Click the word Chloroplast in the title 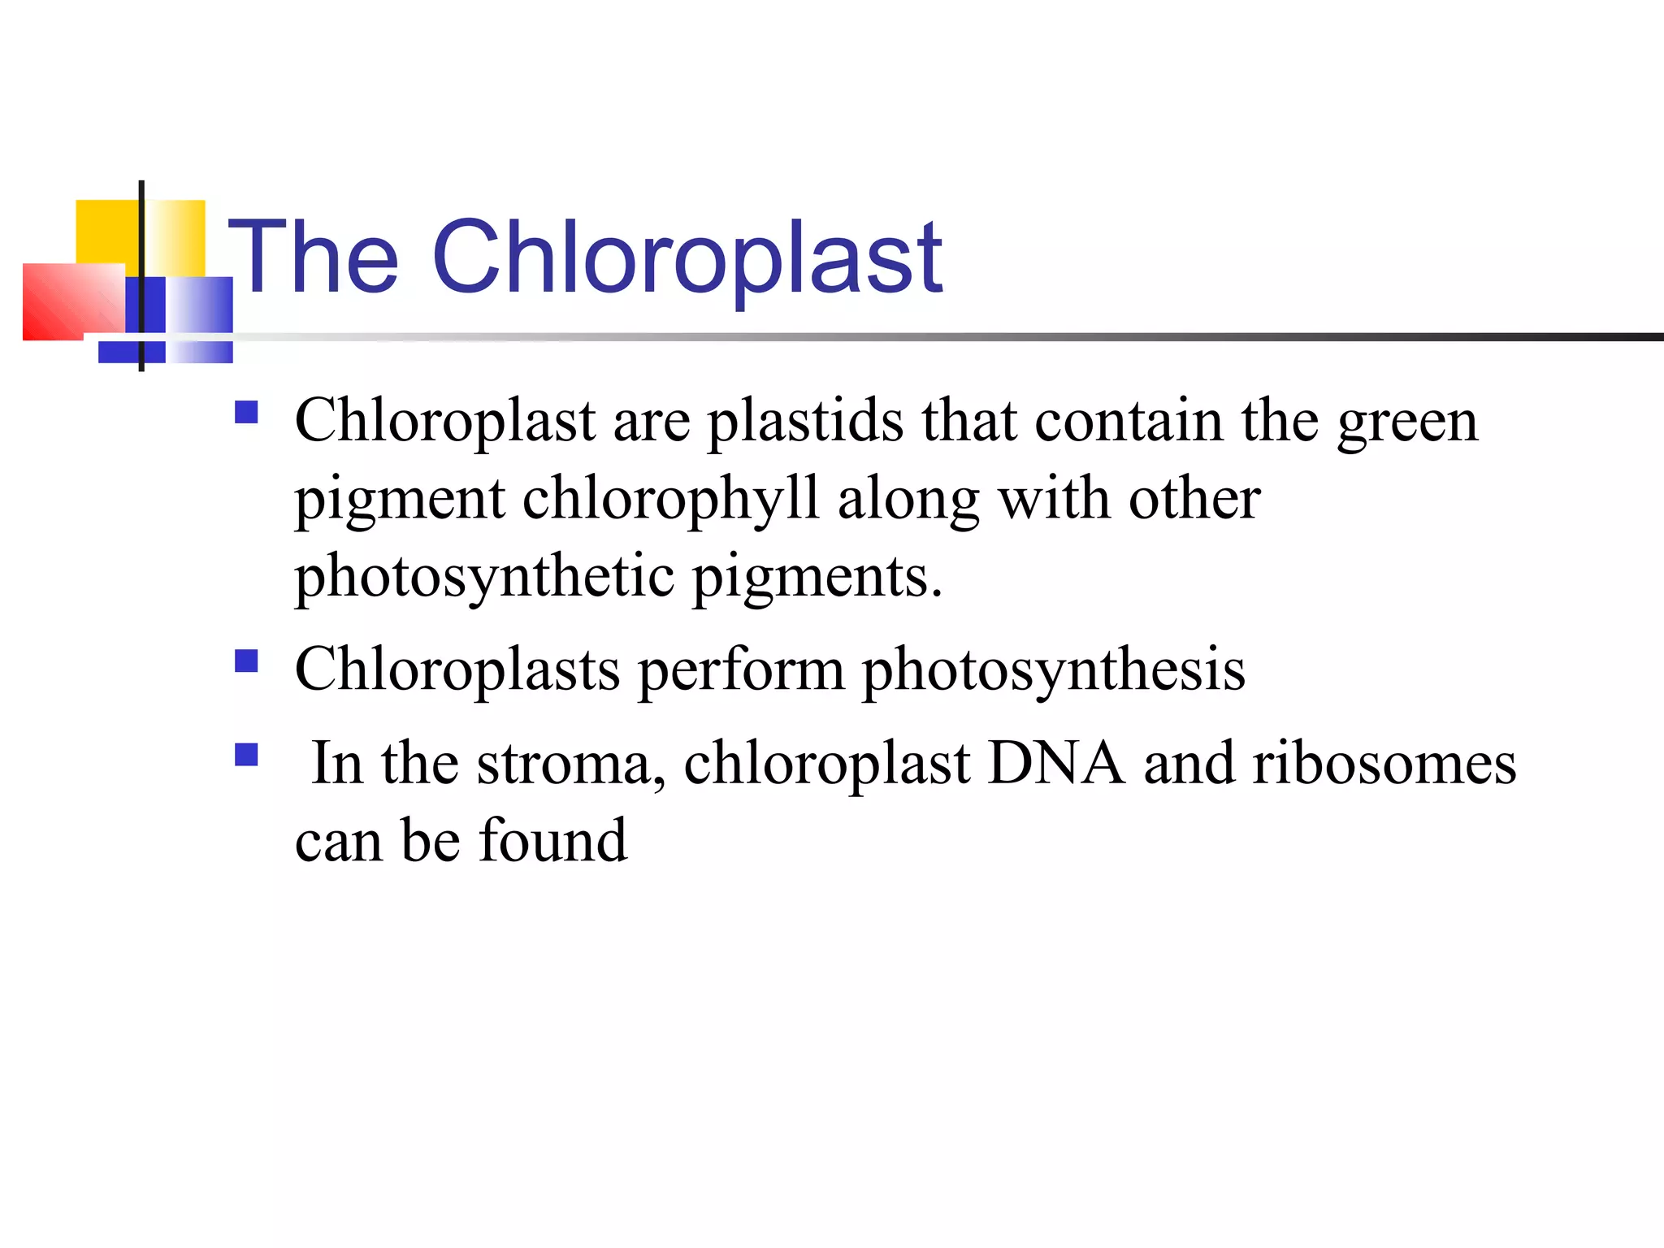pos(687,258)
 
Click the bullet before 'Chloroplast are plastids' pos(246,413)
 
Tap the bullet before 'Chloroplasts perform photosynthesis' pos(246,661)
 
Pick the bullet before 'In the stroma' pos(246,755)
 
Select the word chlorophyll pos(670,499)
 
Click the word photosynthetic pos(484,578)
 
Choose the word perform pos(740,671)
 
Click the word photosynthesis pos(1053,671)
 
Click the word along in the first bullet pos(908,500)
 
